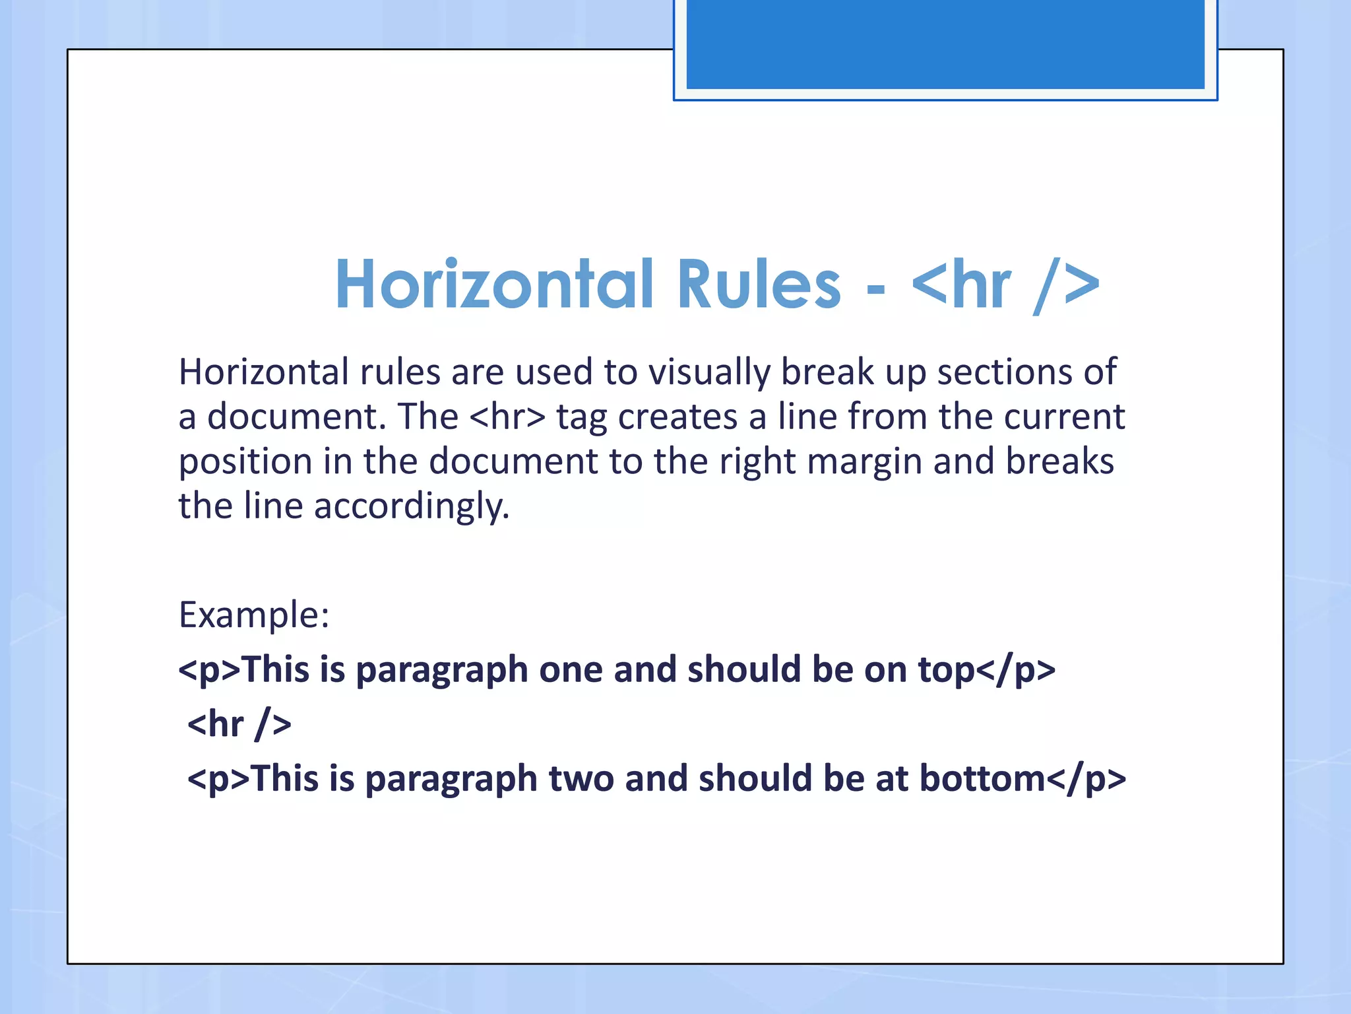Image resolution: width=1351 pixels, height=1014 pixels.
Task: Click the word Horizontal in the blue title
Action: point(495,285)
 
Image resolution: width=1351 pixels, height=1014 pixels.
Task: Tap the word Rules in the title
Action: point(759,285)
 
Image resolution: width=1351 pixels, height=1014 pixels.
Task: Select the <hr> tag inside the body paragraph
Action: point(509,417)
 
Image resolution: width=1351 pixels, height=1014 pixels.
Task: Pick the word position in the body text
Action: point(245,462)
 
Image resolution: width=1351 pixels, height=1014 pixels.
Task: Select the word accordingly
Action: point(411,507)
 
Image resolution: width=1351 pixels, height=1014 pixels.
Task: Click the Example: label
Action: point(254,615)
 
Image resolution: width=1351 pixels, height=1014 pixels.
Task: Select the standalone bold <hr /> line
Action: point(239,724)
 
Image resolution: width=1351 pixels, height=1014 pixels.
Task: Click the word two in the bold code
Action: point(581,779)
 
